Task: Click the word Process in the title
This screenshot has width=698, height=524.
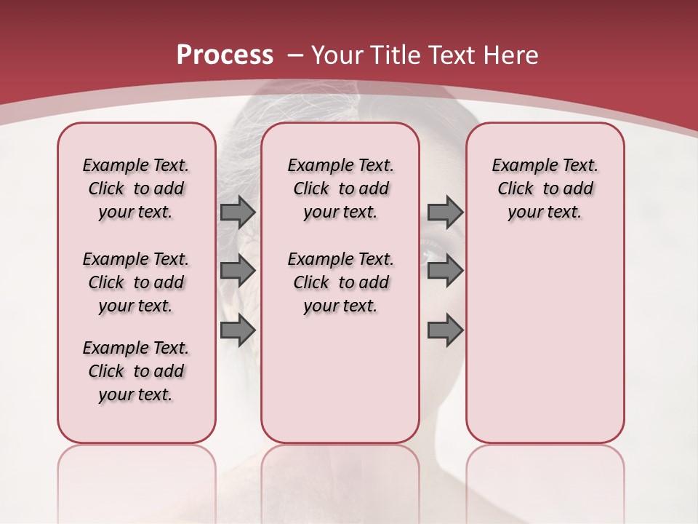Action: pos(225,55)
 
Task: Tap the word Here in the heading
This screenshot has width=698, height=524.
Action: pos(509,55)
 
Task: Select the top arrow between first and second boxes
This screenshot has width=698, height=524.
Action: pos(237,212)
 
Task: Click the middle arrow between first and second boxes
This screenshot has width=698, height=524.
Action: pos(237,271)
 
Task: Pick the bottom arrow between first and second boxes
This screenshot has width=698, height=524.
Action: pos(237,330)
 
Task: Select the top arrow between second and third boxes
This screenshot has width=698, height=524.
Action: pos(445,212)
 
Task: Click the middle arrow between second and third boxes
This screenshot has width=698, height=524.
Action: pos(445,271)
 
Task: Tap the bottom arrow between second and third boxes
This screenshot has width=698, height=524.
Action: pos(445,330)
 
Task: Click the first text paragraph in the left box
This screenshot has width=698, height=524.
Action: pos(136,188)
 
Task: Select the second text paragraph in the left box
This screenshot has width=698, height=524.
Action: pos(136,282)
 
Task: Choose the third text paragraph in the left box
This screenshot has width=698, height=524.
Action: pos(136,371)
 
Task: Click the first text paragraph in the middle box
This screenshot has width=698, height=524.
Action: pos(340,188)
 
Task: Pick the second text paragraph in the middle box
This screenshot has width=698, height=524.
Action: pos(340,282)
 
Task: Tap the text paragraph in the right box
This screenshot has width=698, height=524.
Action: pos(545,188)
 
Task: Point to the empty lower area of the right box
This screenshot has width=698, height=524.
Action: pos(545,342)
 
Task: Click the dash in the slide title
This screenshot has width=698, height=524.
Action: pos(295,55)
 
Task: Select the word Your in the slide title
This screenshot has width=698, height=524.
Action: pos(338,55)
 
